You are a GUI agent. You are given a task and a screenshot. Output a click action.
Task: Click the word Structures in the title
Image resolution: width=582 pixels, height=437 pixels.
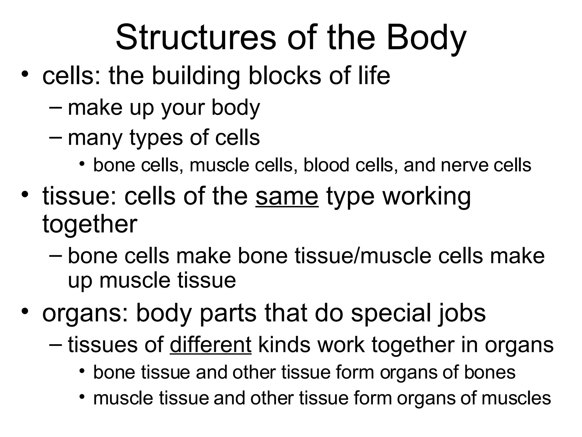(x=196, y=38)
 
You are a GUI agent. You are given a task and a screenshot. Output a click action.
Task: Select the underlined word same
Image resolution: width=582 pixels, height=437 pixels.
(x=287, y=196)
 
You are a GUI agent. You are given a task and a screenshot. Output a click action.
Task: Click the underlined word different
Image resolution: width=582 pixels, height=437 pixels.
(x=211, y=345)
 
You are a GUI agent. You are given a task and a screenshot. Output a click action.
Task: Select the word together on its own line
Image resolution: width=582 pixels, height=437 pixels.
(x=90, y=224)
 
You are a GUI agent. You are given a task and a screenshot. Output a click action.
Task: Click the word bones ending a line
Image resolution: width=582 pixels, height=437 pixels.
(x=490, y=372)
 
